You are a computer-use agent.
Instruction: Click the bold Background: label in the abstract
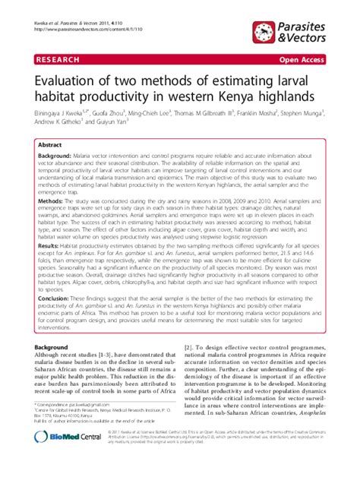tap(60, 154)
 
